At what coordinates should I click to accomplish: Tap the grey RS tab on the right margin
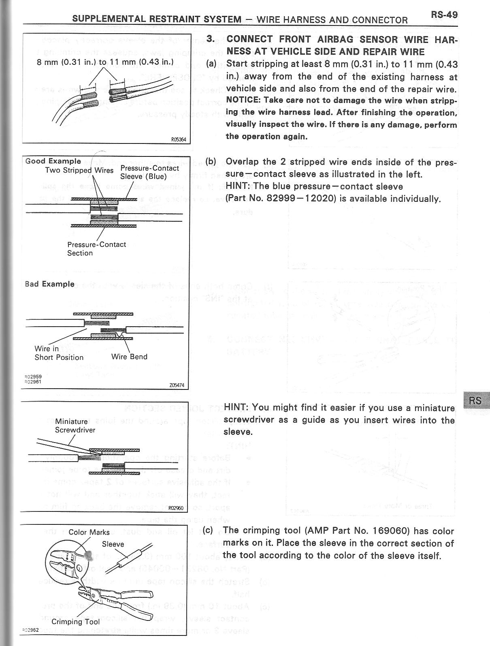[476, 401]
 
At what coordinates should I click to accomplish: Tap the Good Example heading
[53, 161]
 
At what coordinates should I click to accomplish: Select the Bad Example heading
[50, 284]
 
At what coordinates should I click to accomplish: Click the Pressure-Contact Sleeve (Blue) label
[149, 172]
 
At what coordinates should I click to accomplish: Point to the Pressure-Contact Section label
[96, 248]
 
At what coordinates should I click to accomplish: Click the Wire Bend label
[129, 357]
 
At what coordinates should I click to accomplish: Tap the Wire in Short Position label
[59, 353]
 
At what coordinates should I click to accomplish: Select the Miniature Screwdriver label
[75, 426]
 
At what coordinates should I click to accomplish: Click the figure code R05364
[178, 140]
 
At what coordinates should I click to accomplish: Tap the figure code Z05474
[177, 385]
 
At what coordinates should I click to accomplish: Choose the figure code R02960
[176, 508]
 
